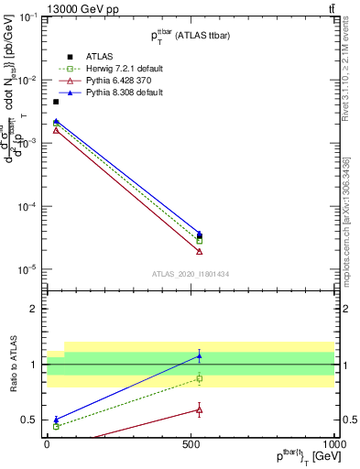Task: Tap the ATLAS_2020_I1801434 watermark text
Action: pos(191,274)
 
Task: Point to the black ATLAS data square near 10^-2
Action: pos(56,102)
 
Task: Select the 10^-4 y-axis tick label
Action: pos(27,206)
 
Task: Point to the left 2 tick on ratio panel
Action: pos(36,309)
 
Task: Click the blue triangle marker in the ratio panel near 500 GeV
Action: pos(200,355)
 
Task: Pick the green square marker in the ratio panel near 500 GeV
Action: pos(200,378)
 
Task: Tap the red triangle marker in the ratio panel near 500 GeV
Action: pos(200,409)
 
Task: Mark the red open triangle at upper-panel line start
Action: pos(56,131)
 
